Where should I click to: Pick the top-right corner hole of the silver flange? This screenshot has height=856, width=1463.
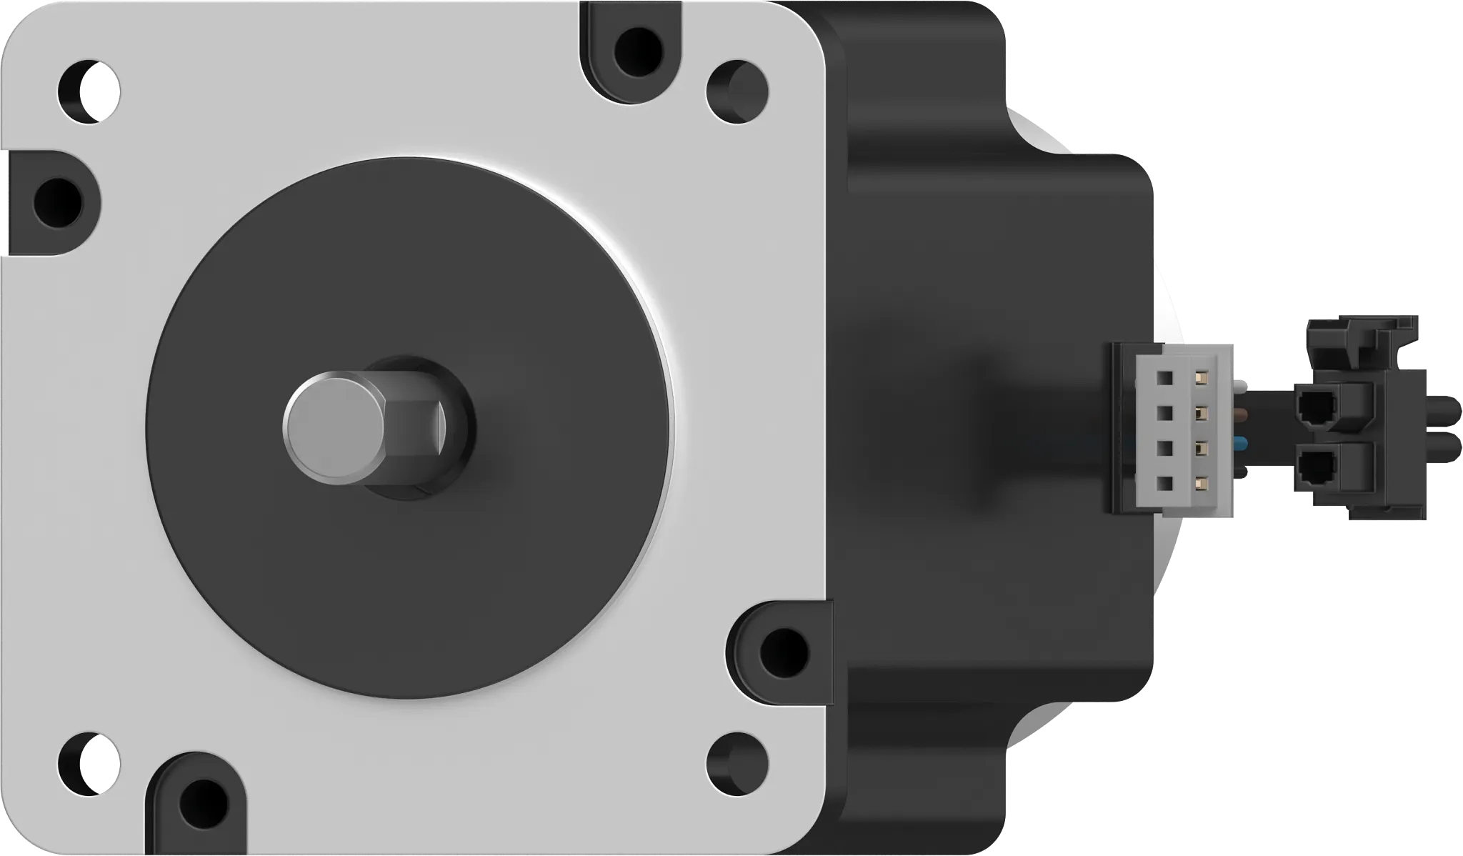pyautogui.click(x=737, y=91)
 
